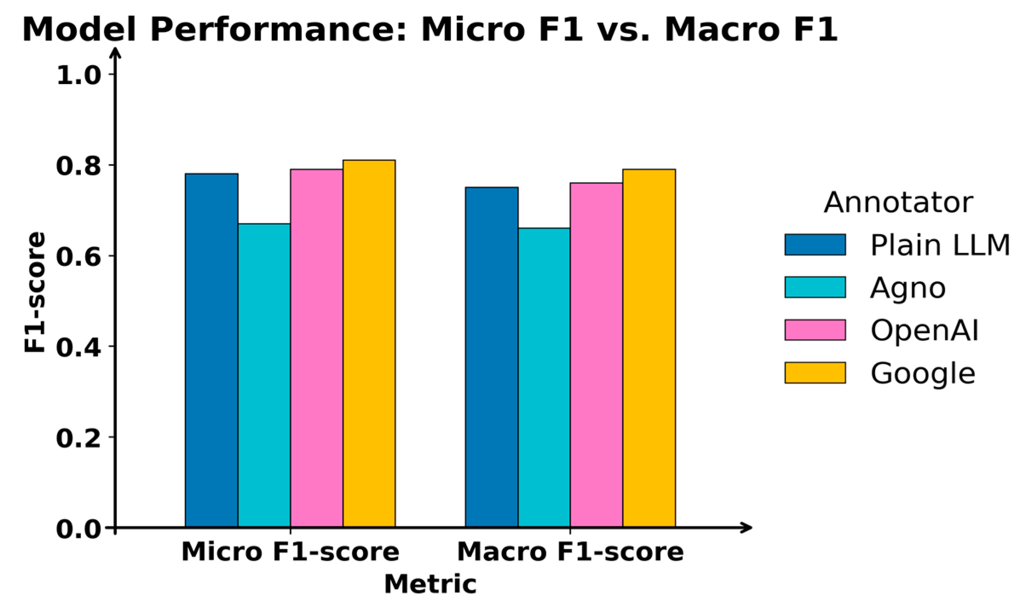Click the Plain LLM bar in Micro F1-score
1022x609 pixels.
coord(211,351)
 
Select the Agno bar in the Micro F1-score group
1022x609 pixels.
coord(264,376)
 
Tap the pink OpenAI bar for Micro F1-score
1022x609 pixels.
coord(317,348)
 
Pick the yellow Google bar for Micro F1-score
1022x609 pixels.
coord(369,344)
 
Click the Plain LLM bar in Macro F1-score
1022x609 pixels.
coord(492,357)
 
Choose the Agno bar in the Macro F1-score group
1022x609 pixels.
coord(544,378)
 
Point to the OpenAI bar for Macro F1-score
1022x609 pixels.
coord(596,355)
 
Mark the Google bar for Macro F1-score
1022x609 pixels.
coord(649,348)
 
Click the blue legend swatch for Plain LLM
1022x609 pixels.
coord(815,245)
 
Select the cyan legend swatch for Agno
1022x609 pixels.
coord(815,287)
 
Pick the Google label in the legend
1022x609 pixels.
coord(923,374)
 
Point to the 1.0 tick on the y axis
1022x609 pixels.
coord(78,76)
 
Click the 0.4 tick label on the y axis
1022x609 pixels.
coord(78,348)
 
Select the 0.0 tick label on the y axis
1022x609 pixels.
coord(78,529)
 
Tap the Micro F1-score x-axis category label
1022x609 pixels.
coord(290,552)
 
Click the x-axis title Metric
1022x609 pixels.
coord(430,584)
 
